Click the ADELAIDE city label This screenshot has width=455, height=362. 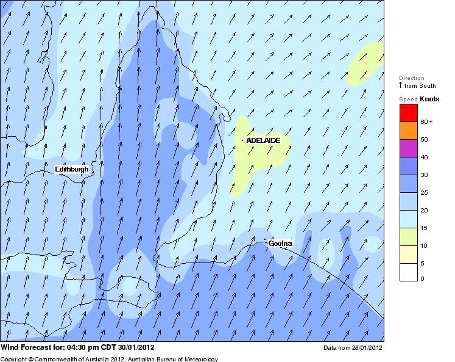point(264,140)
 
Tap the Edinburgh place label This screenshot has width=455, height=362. point(72,169)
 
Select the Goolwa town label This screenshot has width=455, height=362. point(280,244)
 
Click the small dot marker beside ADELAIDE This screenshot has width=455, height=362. point(242,140)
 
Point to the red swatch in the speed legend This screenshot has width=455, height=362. point(408,113)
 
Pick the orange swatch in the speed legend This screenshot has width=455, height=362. point(408,131)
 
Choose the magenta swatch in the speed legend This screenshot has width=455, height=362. point(408,148)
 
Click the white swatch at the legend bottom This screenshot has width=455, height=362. point(408,272)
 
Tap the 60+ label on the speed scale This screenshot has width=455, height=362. point(426,122)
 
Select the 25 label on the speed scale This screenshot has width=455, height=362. point(424,192)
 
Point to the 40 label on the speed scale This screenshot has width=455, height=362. point(424,157)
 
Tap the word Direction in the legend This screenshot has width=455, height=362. point(411,78)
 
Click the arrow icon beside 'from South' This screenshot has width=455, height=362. point(401,86)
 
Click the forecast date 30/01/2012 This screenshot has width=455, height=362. point(141,348)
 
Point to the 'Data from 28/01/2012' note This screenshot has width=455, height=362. point(353,348)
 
